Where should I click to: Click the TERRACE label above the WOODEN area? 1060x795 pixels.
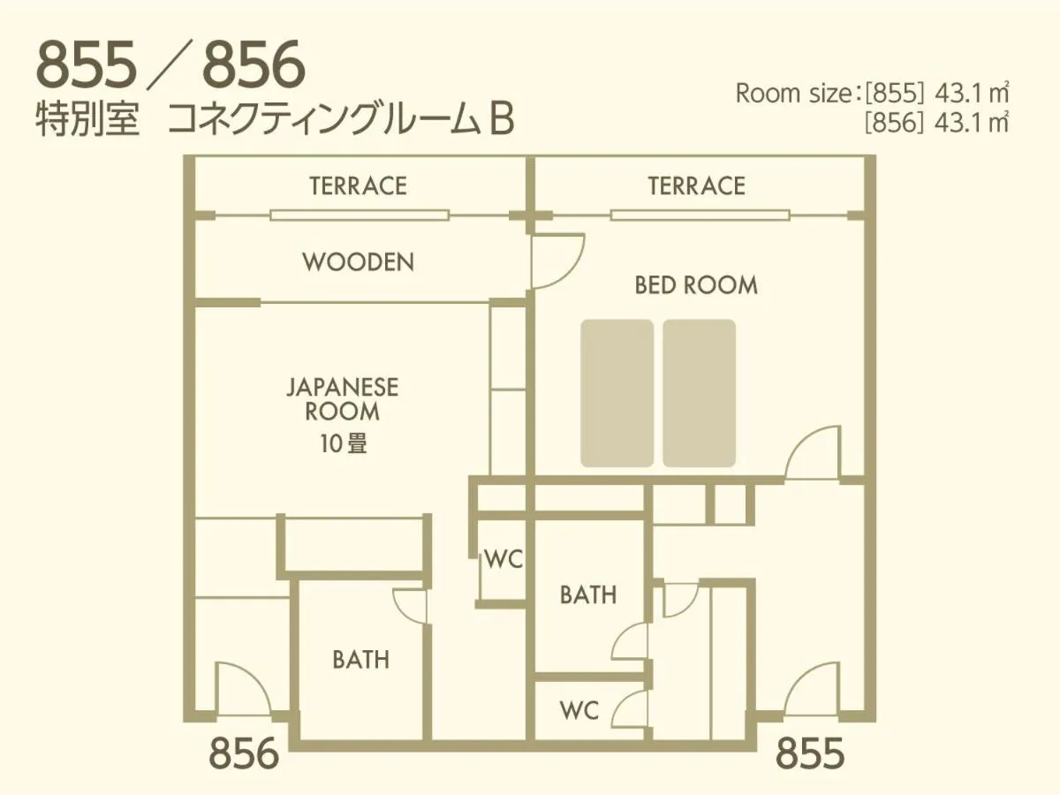click(x=358, y=186)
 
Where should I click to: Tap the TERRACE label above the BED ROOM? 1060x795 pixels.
click(x=696, y=186)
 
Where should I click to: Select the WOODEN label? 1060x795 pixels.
click(x=358, y=262)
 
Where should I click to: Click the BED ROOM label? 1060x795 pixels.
click(x=696, y=285)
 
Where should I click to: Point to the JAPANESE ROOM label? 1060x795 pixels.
click(x=342, y=399)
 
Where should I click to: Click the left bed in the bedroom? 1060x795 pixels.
click(x=617, y=393)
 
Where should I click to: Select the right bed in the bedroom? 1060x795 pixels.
click(x=700, y=393)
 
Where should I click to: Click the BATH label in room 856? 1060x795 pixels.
click(x=360, y=660)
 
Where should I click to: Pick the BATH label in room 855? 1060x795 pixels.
click(x=587, y=595)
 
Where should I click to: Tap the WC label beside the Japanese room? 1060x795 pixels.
click(x=503, y=559)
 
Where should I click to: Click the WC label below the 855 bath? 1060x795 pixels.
click(x=579, y=710)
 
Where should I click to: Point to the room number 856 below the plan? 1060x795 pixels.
click(x=244, y=755)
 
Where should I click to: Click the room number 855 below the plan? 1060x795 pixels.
click(x=810, y=755)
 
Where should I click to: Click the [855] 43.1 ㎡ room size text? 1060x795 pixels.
click(x=936, y=93)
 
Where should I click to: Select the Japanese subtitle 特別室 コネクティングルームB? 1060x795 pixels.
click(x=275, y=121)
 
